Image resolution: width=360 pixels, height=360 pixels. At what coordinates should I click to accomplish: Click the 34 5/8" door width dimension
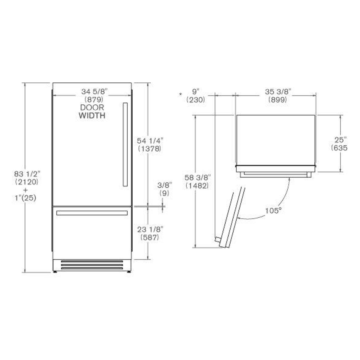coord(95,92)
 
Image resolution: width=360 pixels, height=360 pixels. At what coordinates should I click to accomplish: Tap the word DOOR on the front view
coord(92,108)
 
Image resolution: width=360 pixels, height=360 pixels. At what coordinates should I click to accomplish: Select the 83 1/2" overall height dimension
coord(27,174)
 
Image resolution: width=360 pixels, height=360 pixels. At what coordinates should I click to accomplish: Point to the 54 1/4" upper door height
coord(150,141)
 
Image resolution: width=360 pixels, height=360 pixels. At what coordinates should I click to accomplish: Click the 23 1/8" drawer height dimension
coord(150,229)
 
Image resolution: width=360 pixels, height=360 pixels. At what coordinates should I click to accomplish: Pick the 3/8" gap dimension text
coord(164,185)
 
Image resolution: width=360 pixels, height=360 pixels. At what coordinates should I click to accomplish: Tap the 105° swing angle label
coord(273,211)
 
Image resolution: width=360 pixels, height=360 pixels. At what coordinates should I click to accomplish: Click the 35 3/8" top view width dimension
coord(278,92)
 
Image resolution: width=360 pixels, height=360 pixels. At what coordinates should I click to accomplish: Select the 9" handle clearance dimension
coord(196,92)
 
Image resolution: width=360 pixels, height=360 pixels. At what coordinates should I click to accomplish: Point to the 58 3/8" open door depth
coord(197,178)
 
